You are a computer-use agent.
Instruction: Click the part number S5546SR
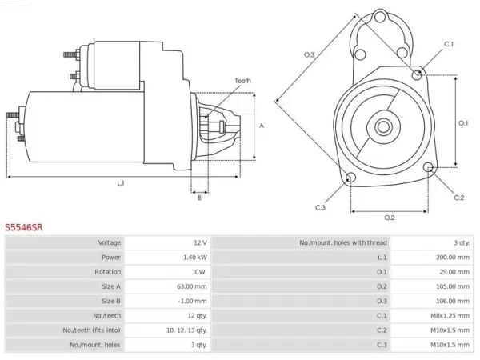point(24,227)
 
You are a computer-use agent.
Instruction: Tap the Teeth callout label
point(242,81)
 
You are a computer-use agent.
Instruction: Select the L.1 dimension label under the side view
point(121,183)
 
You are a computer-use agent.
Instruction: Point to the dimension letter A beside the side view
point(262,126)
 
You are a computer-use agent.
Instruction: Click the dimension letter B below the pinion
point(199,198)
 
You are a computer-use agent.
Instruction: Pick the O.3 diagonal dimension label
point(309,54)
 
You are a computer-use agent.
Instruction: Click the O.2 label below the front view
point(390,218)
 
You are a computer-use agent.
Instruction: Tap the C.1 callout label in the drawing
point(449,44)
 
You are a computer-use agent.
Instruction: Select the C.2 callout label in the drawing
point(459,198)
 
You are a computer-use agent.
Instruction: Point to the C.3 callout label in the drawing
point(320,207)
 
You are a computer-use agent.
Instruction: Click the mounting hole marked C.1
point(417,74)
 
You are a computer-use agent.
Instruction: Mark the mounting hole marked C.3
point(350,177)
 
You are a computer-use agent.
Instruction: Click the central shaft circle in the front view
point(383,126)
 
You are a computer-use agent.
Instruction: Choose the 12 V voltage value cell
point(200,242)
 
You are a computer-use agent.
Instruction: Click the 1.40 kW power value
point(195,257)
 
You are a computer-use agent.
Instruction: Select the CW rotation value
point(200,272)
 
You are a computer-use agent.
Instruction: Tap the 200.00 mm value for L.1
point(453,257)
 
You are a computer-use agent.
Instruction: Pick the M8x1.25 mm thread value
point(450,316)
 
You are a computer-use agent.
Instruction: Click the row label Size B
point(111,301)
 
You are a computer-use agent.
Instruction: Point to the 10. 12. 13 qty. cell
point(186,330)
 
